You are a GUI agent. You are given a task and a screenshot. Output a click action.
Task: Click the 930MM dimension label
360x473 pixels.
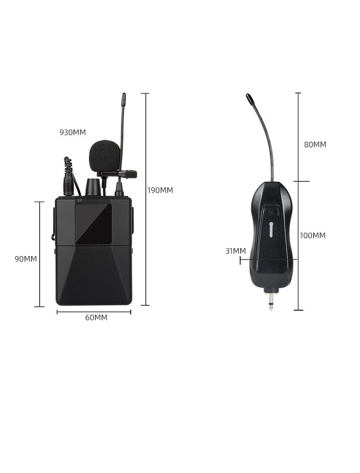point(73,133)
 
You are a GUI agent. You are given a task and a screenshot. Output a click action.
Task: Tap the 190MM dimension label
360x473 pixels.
point(160,190)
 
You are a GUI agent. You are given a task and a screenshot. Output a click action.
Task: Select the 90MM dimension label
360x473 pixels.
point(26,259)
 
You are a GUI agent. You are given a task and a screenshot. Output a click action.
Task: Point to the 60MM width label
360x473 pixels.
point(96,318)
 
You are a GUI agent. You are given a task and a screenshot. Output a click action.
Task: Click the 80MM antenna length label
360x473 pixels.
point(315,145)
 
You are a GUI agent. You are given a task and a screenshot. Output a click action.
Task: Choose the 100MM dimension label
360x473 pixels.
point(313,235)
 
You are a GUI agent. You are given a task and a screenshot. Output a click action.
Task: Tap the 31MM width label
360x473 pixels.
point(236,251)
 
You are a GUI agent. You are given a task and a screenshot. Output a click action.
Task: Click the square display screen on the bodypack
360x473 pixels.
point(93,224)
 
